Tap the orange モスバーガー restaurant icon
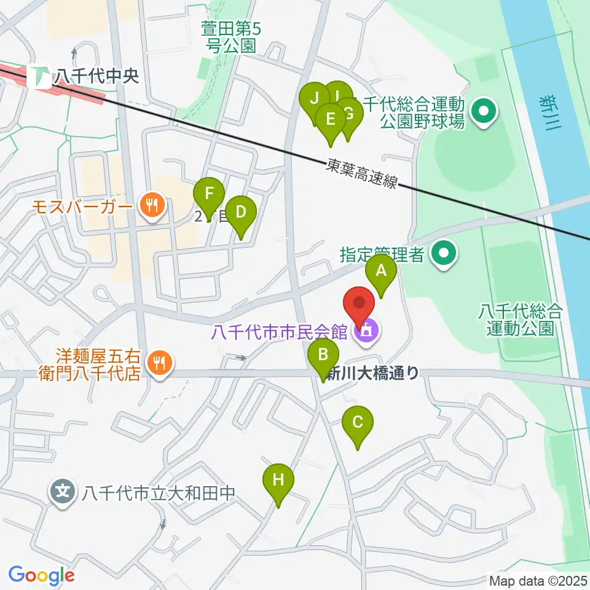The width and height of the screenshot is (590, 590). click(x=151, y=205)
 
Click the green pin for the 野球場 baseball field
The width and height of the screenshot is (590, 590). click(x=484, y=112)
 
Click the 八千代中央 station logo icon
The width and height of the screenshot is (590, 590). click(x=43, y=76)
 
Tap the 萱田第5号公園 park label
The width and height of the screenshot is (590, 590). click(x=228, y=36)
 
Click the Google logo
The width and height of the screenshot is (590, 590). click(x=42, y=575)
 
